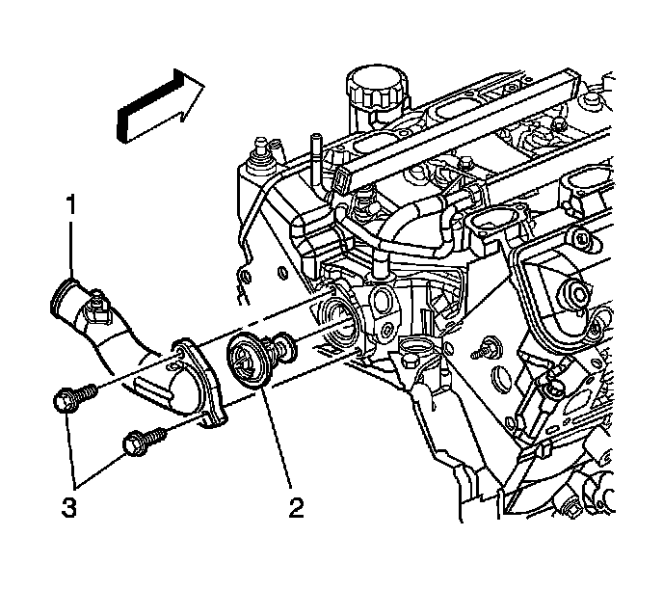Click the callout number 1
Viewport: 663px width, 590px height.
[x=69, y=204]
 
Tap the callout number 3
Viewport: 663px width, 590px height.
[x=66, y=505]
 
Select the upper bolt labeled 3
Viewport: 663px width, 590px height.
[x=74, y=398]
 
